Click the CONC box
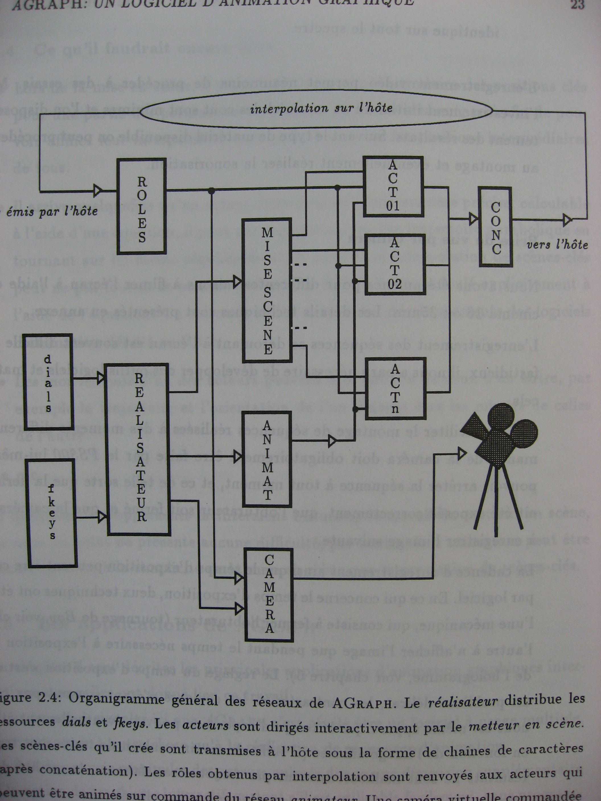pos(495,227)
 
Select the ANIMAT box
pos(267,460)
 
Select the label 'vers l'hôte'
pos(557,245)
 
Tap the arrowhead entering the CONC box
pos(474,219)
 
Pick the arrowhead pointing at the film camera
pos(462,453)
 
